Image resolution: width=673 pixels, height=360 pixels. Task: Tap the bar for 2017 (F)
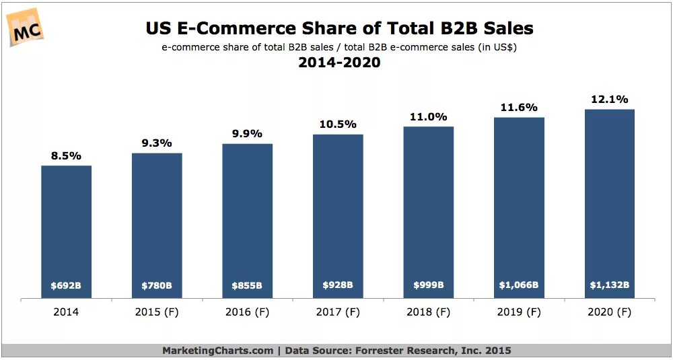point(338,215)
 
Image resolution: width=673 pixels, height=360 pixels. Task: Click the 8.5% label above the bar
point(66,155)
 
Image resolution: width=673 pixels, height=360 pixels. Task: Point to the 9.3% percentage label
point(157,143)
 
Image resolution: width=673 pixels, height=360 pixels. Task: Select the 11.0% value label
point(429,116)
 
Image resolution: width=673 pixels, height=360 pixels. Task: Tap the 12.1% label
point(610,99)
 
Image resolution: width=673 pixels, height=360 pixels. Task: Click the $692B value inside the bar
point(66,285)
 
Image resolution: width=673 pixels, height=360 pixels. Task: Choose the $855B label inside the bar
point(247,285)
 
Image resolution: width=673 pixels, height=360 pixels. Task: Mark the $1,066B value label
point(519,285)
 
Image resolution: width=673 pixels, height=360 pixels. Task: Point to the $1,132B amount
point(610,285)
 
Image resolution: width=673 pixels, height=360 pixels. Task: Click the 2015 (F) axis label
point(157,312)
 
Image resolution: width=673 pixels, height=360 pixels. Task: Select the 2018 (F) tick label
point(429,312)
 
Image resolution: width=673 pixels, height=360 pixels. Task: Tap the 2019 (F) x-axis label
point(519,312)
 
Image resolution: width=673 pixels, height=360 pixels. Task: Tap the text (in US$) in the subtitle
point(495,47)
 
